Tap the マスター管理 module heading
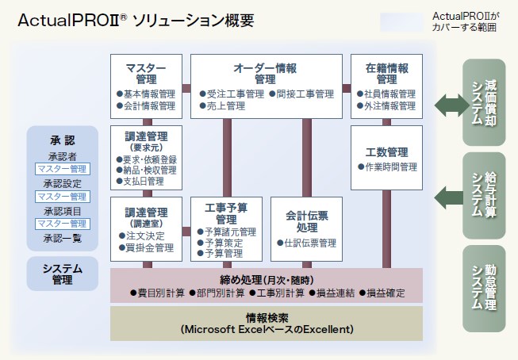click(x=146, y=73)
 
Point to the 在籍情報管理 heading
click(x=386, y=73)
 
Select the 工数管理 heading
click(x=386, y=151)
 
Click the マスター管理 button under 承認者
click(x=63, y=169)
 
